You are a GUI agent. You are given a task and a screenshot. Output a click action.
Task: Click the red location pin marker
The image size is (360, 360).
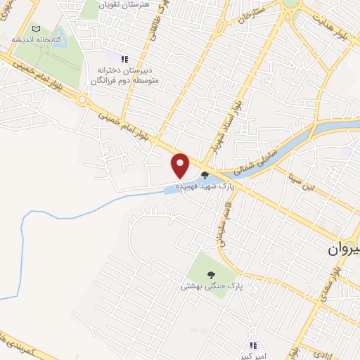click(x=181, y=165)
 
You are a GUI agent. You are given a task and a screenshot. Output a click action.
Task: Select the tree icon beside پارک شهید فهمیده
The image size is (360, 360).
click(x=205, y=176)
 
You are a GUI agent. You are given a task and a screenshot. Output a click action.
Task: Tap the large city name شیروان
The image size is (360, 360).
click(x=346, y=250)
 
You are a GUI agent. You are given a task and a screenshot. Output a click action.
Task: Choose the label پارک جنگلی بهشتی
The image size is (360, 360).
click(x=209, y=286)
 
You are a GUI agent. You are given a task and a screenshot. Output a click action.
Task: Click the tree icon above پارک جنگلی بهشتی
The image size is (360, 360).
click(x=210, y=274)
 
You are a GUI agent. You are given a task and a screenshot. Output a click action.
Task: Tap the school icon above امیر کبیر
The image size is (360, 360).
click(x=254, y=345)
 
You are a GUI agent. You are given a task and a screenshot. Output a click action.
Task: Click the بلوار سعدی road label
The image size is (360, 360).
click(x=328, y=281)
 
